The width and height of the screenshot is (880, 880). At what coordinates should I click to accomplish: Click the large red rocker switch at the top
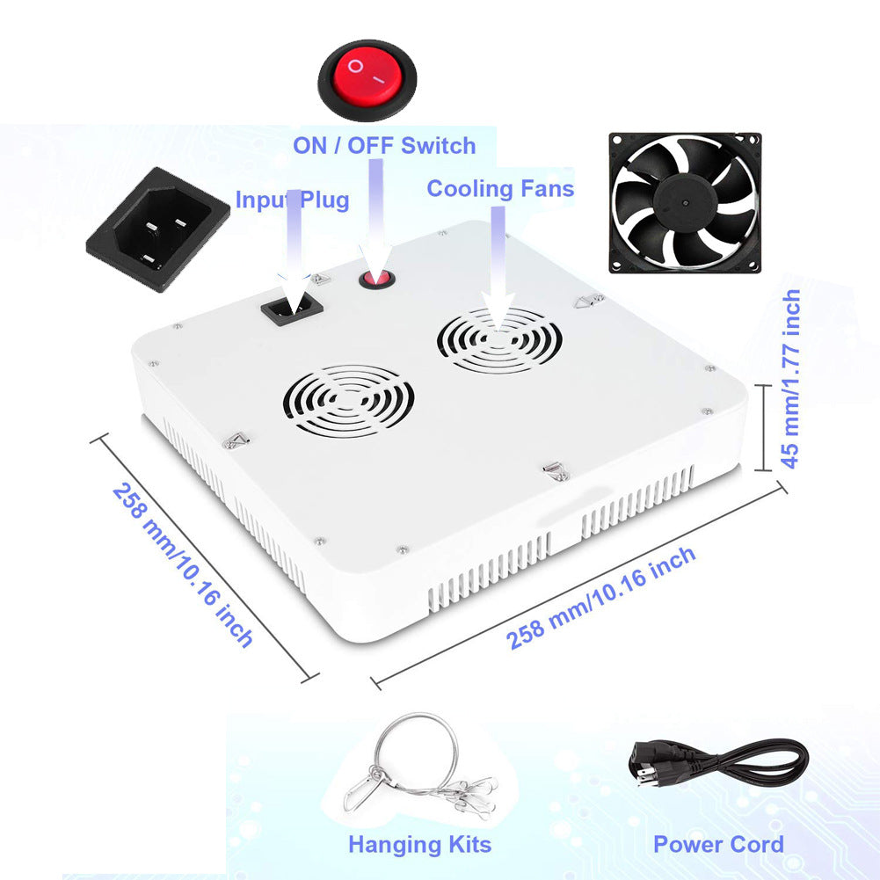pos(367,79)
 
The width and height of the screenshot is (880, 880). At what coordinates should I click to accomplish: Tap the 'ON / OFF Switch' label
pos(384,146)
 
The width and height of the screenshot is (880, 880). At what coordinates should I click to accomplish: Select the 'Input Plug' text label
pos(293,200)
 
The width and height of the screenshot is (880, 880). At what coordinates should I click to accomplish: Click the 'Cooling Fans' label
pos(500,188)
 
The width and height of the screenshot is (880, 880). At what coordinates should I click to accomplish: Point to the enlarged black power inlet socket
pos(157,229)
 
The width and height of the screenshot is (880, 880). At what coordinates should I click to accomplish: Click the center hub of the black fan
pos(685,202)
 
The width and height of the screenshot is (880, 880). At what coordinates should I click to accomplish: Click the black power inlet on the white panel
pos(292,309)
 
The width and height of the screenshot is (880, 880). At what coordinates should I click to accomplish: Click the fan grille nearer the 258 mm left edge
pos(348,400)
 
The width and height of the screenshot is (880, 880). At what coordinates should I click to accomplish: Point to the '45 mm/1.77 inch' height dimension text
pos(790,379)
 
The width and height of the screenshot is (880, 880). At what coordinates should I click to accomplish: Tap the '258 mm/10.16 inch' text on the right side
pos(601,598)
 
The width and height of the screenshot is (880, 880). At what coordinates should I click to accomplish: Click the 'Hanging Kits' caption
pos(420,845)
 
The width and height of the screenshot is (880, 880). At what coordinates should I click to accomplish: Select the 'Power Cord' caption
pos(718,845)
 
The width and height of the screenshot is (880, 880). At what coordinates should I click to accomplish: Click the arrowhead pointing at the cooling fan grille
pos(498,309)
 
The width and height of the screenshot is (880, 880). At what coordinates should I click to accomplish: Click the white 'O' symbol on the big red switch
pos(355,66)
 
